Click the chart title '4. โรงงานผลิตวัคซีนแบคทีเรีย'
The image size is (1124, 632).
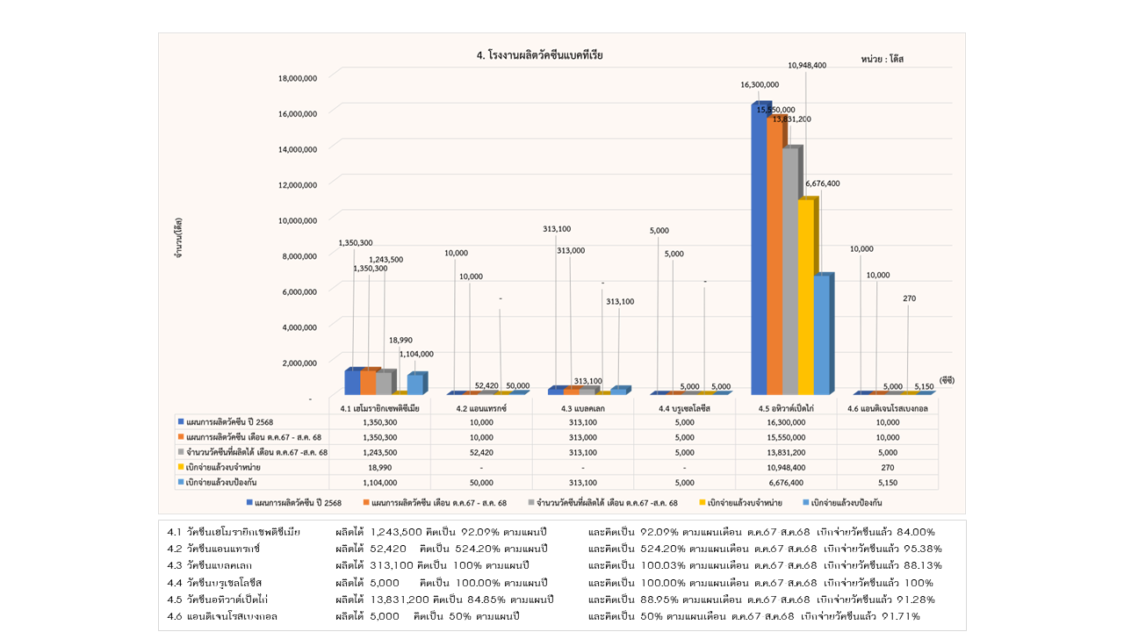tap(539, 55)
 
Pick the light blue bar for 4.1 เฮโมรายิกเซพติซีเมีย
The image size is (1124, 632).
tap(414, 384)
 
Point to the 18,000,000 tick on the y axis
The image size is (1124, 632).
tap(297, 78)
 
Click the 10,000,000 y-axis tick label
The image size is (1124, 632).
tap(297, 220)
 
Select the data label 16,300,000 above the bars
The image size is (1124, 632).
tap(760, 85)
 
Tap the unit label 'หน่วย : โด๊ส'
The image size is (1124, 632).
tap(882, 59)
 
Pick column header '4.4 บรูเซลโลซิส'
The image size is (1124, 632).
tap(685, 408)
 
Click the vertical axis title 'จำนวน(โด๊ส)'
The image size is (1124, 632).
tap(178, 238)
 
